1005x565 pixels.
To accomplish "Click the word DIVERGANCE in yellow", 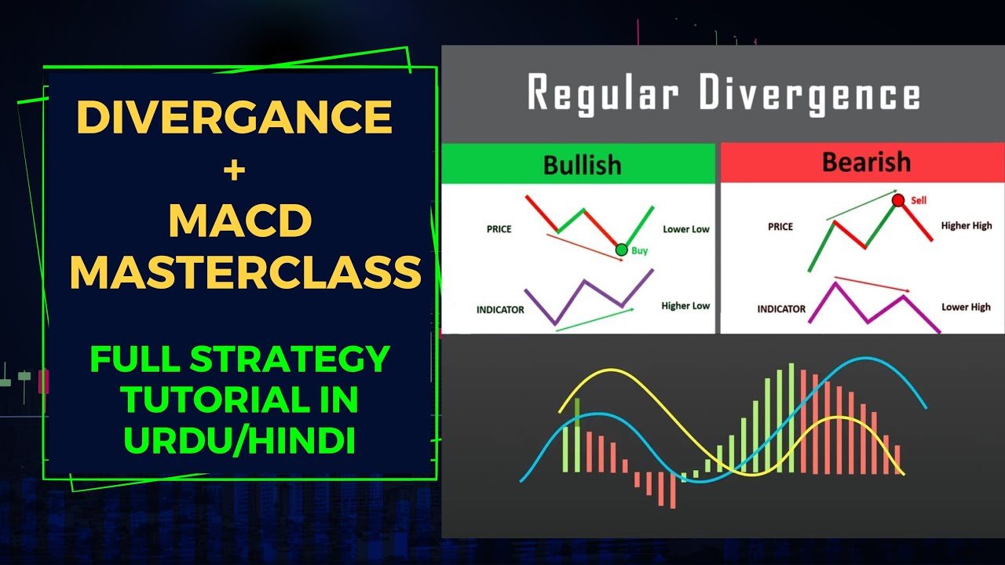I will click(234, 118).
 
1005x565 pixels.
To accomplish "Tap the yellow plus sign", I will click(234, 171).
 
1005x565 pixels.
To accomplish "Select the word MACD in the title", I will click(239, 222).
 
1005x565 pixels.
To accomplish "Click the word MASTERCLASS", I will click(245, 272).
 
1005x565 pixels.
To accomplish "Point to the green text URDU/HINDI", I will click(239, 441).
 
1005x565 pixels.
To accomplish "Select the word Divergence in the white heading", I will click(809, 94).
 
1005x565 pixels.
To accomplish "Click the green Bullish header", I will click(581, 165).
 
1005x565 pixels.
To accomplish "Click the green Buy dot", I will click(622, 250).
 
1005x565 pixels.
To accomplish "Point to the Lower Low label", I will click(685, 229).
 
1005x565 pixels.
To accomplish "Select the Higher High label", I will click(966, 225).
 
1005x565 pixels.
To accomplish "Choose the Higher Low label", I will click(685, 306).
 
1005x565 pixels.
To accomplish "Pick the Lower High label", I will click(966, 307).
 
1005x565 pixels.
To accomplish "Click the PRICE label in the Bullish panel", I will click(499, 229).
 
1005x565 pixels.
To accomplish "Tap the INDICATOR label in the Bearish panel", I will click(781, 309).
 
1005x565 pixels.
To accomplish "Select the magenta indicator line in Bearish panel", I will click(852, 302).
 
